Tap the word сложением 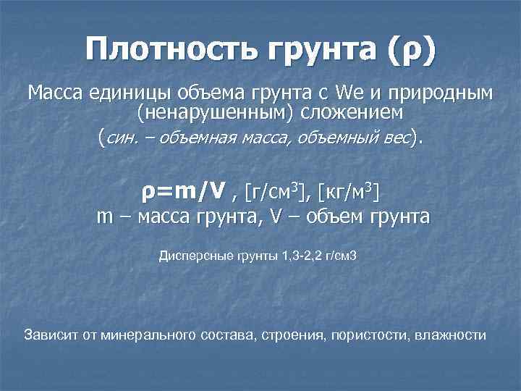(x=353, y=114)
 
